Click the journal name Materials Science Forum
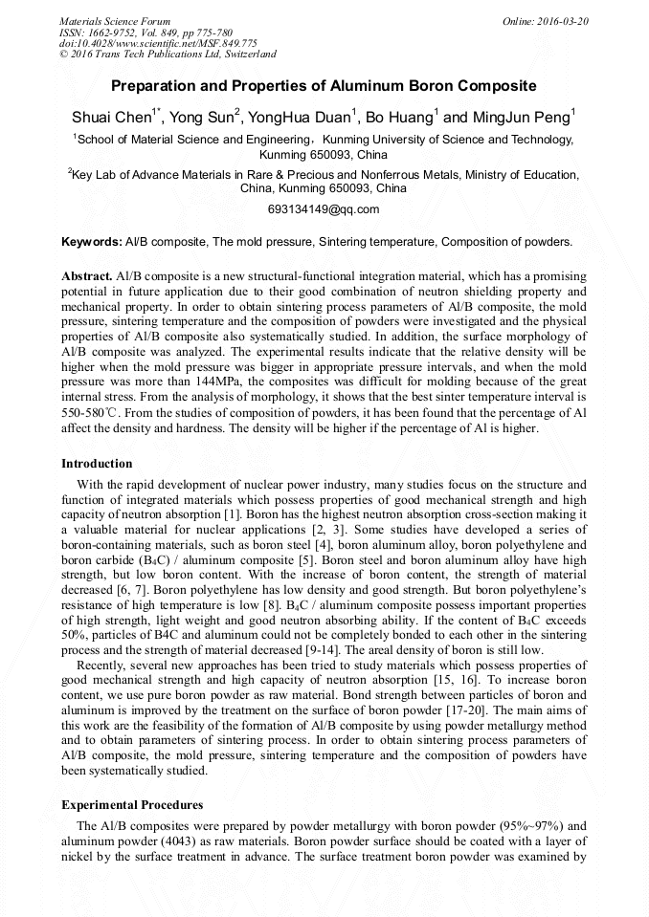(115, 21)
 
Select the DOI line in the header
(158, 44)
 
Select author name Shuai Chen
(111, 119)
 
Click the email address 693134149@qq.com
(324, 209)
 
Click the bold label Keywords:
(92, 242)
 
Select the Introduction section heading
(97, 464)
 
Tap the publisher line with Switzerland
(168, 55)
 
